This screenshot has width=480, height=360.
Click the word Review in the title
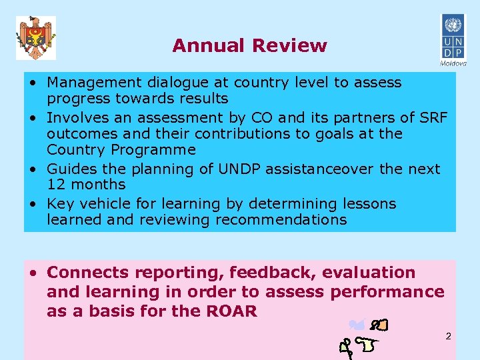coord(289,45)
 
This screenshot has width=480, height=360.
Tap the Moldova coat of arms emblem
coord(36,38)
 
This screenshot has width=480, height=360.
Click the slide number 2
coord(449,336)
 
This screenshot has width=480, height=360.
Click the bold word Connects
coord(88,273)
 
